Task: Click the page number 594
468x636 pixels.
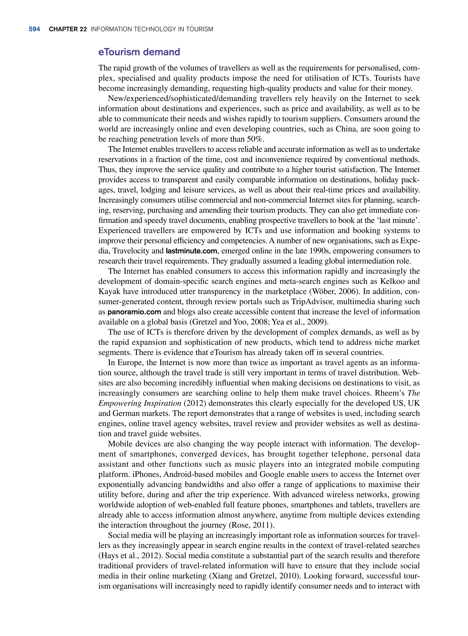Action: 34,29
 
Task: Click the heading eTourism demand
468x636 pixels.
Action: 139,52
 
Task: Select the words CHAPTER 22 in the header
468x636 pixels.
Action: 68,29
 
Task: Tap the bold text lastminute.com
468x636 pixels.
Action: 191,251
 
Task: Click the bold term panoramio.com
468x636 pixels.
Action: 134,312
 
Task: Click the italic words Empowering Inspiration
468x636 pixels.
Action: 140,403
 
